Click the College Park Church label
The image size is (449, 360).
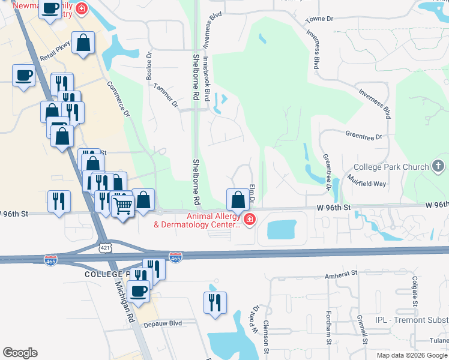(390, 167)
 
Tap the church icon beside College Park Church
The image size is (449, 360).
(438, 166)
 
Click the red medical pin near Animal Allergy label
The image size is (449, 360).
(249, 221)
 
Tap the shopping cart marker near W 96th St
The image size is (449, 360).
(123, 206)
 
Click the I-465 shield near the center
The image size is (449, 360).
(175, 257)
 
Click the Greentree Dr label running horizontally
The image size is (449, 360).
(364, 137)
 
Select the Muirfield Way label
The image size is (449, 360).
(367, 181)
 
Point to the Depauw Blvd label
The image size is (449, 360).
(162, 323)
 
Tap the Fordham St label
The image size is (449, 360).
(330, 331)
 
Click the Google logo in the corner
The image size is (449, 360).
(20, 353)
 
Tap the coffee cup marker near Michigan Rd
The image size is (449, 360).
(139, 291)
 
